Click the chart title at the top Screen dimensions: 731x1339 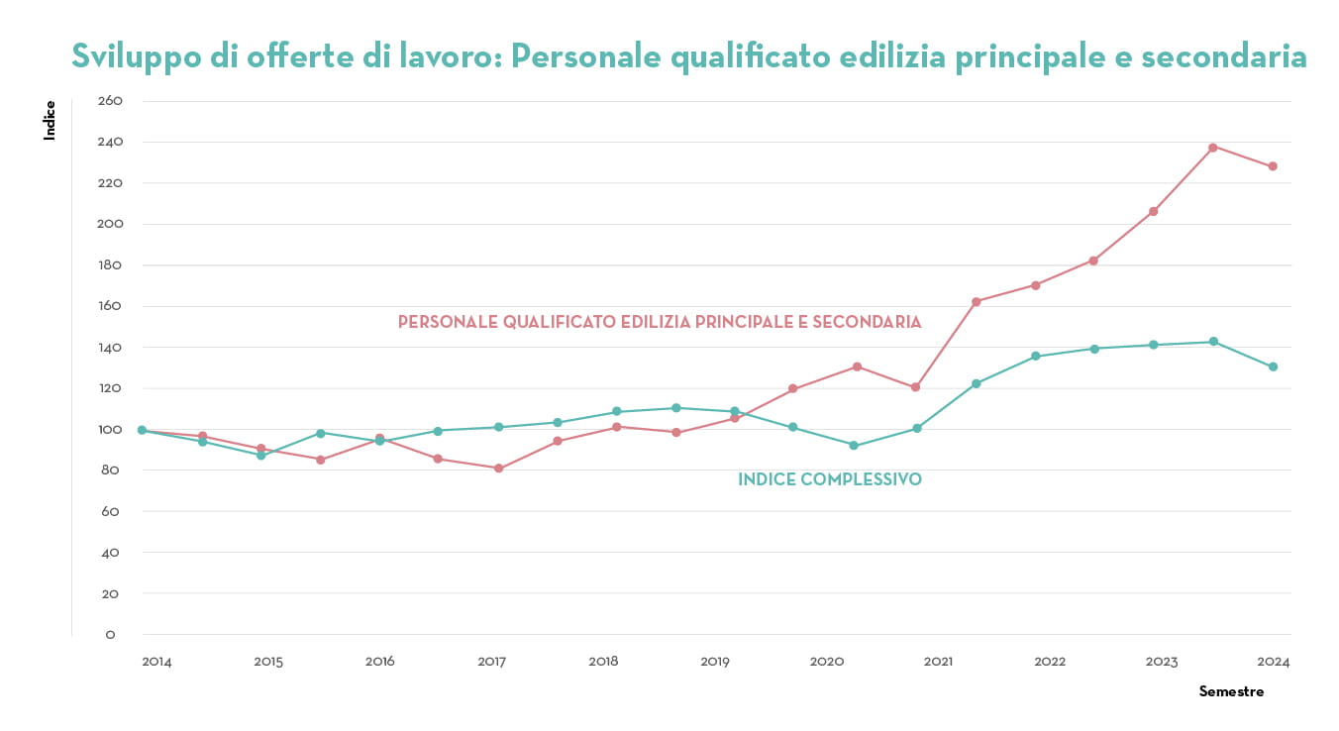click(x=688, y=55)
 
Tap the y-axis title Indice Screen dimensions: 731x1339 click(x=50, y=120)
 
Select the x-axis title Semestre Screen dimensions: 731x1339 click(x=1231, y=691)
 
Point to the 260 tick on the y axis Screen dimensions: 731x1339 click(x=110, y=101)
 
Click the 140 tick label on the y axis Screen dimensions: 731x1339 click(x=110, y=348)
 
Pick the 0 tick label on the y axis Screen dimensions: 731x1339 click(x=110, y=635)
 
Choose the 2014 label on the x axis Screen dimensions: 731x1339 click(x=156, y=661)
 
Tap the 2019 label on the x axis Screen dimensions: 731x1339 click(x=715, y=661)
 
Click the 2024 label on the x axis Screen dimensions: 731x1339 click(x=1274, y=661)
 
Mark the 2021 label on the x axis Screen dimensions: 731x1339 click(x=939, y=661)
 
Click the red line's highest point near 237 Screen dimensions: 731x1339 click(x=1213, y=147)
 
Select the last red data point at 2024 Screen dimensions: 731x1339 click(x=1273, y=166)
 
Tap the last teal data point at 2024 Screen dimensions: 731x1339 click(x=1273, y=366)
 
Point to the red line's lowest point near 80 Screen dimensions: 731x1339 click(x=498, y=469)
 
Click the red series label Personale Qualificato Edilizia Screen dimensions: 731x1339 click(x=660, y=322)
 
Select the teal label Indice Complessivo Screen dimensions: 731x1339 click(x=830, y=479)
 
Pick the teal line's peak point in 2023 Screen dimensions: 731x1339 click(x=1213, y=342)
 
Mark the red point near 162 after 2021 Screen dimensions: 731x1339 click(x=976, y=301)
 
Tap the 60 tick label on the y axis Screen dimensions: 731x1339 click(x=110, y=512)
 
